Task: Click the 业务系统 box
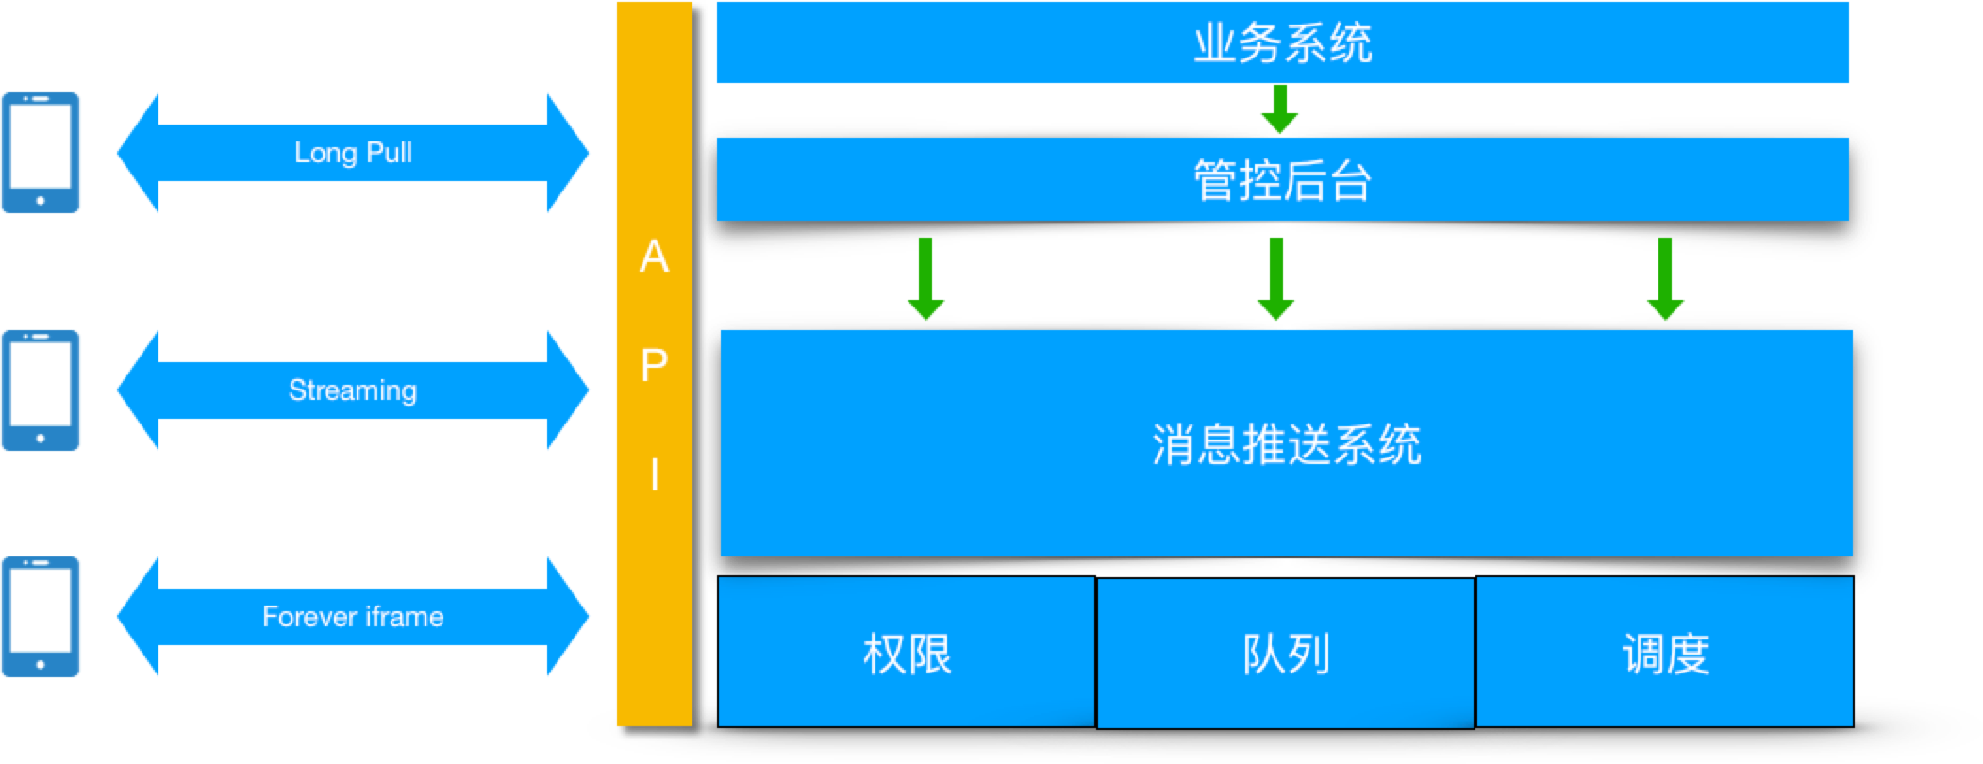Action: [x=1282, y=43]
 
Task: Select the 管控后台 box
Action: [x=1282, y=179]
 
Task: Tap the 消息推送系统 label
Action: [x=1286, y=444]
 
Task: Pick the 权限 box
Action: [x=907, y=653]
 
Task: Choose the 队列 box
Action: [x=1286, y=653]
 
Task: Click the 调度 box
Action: [x=1665, y=653]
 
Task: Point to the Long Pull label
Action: [x=353, y=153]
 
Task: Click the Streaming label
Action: [x=353, y=390]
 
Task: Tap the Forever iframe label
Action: [x=353, y=617]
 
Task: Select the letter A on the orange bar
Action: [x=654, y=257]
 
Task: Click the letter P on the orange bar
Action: [x=654, y=365]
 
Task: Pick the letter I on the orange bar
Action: [x=654, y=474]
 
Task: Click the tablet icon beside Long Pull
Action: [x=41, y=153]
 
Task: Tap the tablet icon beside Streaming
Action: [x=41, y=390]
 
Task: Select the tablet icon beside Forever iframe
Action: [x=41, y=617]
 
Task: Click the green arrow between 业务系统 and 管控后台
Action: [x=1280, y=109]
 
